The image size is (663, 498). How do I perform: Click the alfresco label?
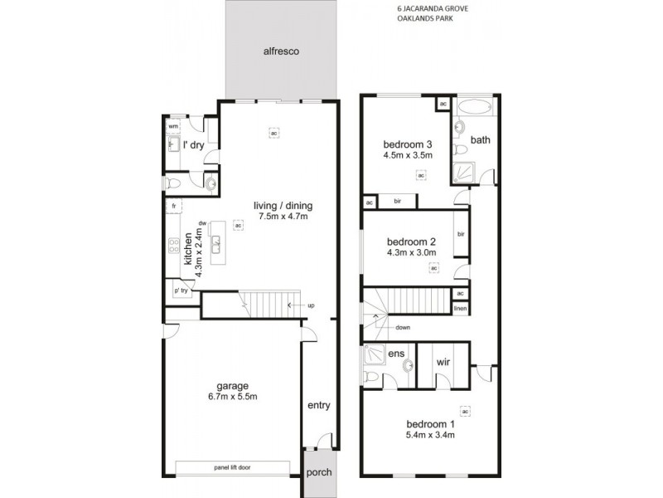[x=281, y=51]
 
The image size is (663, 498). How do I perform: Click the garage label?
[x=233, y=386]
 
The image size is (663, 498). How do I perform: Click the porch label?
[x=318, y=472]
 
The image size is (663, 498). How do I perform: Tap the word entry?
[x=318, y=406]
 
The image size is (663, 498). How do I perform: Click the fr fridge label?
[x=174, y=205]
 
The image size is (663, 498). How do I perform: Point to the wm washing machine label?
[x=173, y=126]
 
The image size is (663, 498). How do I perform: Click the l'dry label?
[x=193, y=145]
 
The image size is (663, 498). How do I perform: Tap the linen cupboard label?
[x=459, y=309]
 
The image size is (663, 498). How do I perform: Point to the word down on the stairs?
[x=404, y=327]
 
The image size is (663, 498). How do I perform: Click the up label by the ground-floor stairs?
[x=311, y=305]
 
